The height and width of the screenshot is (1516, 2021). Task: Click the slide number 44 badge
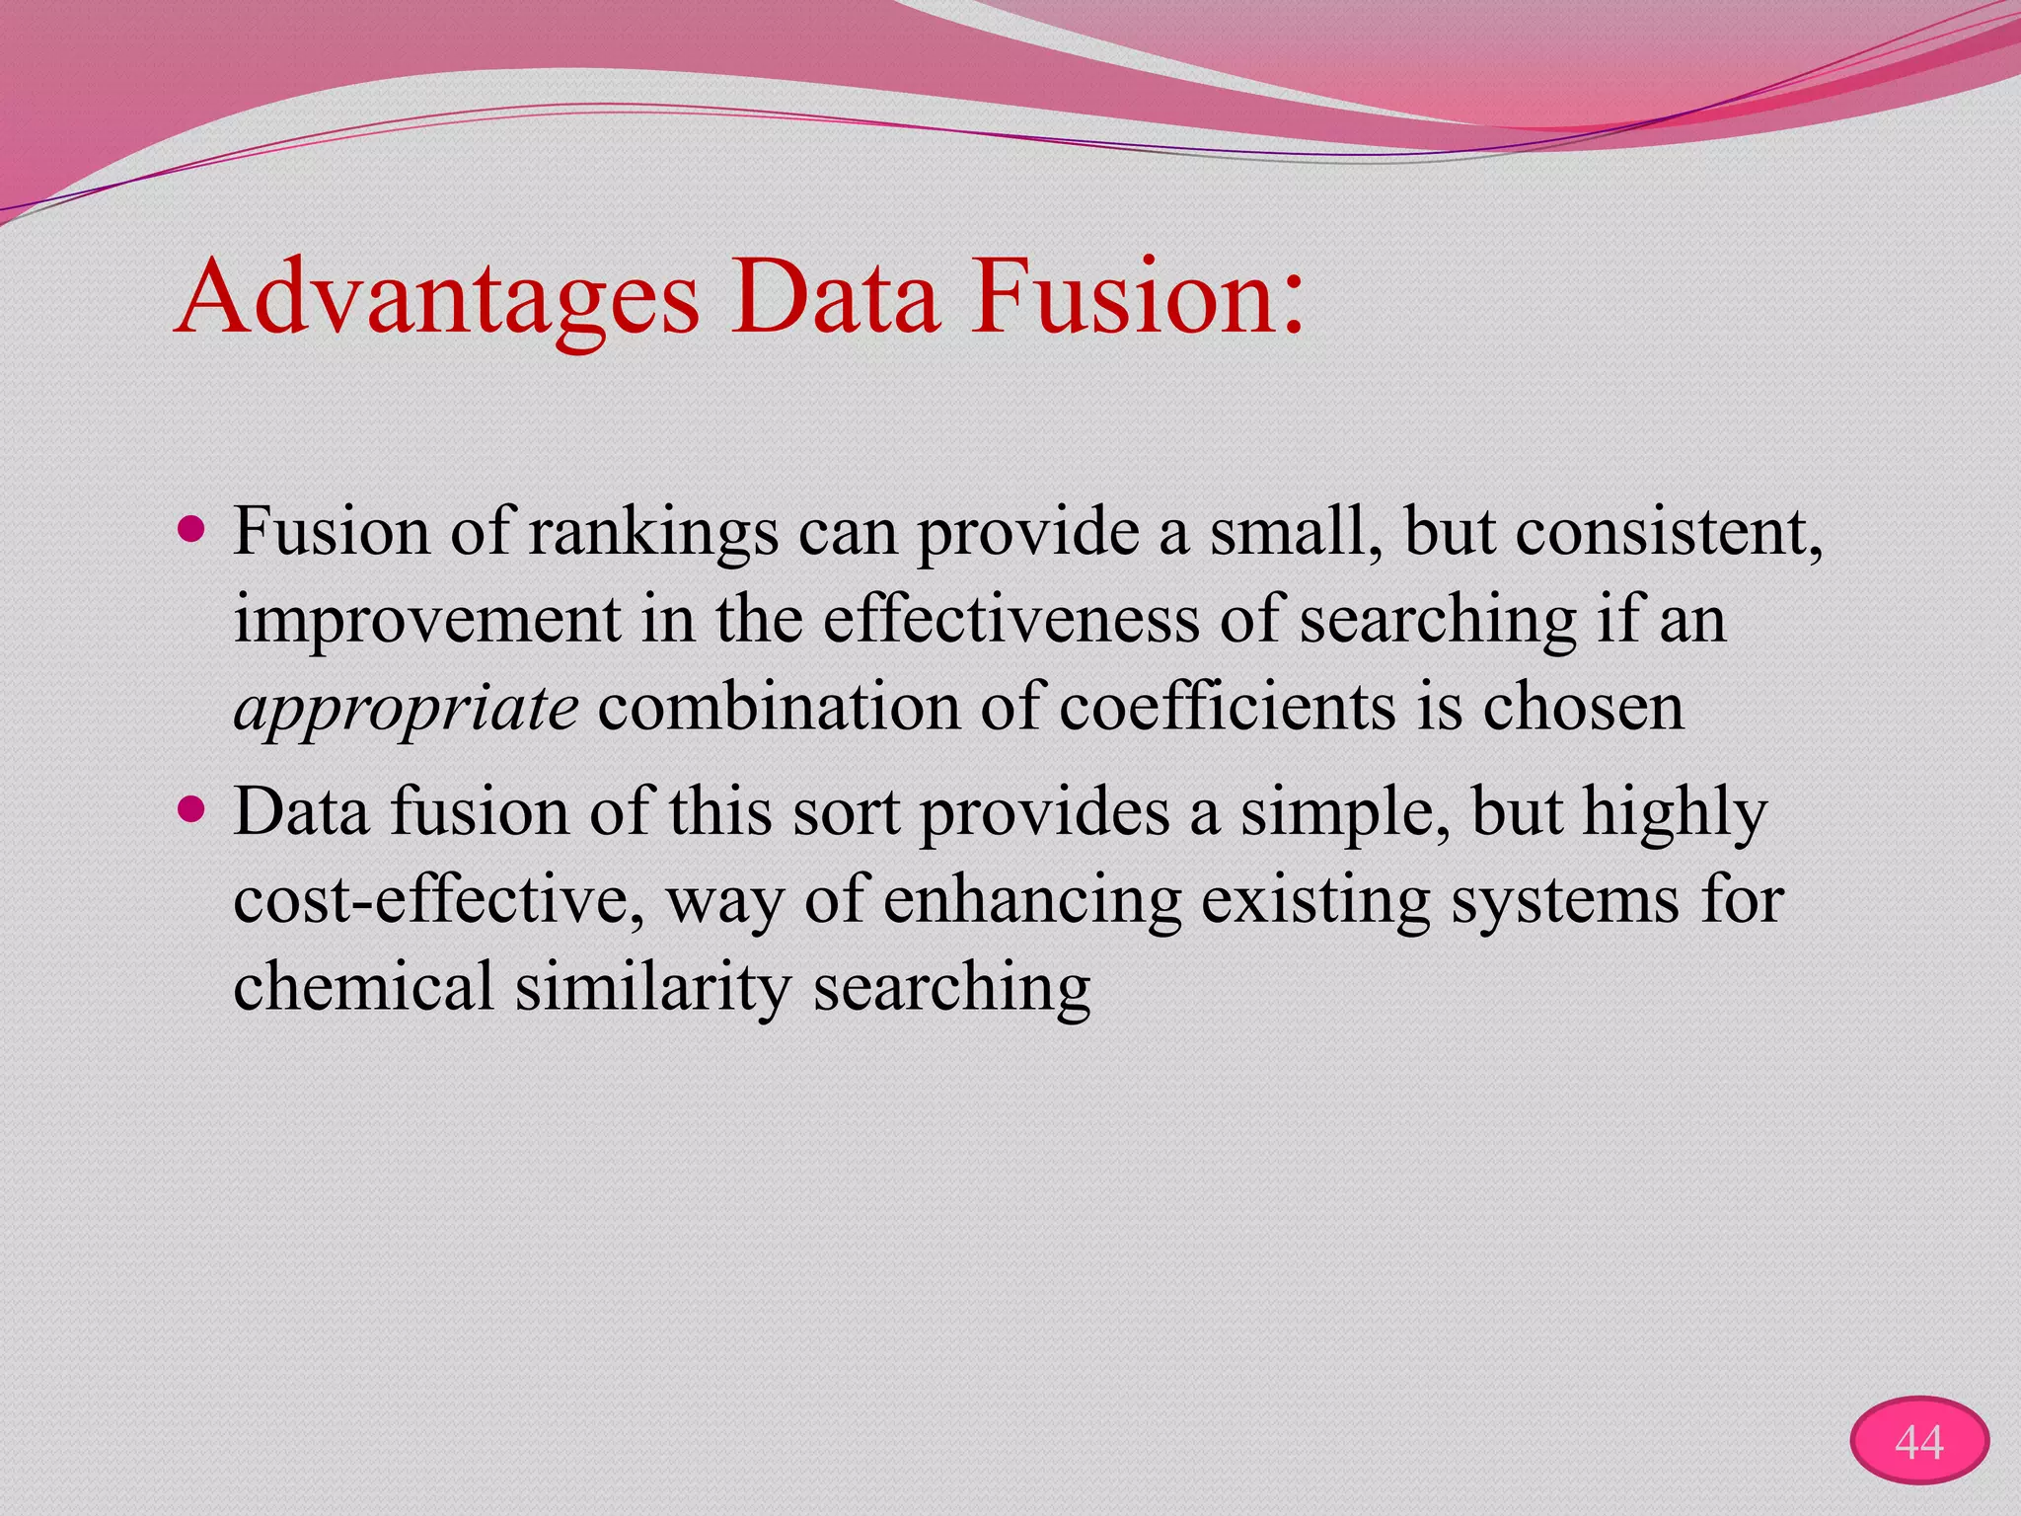click(1918, 1442)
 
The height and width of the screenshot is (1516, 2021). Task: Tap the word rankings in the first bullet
click(653, 534)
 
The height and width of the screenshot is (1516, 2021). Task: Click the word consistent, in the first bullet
click(1669, 534)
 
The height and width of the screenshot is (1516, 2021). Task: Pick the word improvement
click(427, 621)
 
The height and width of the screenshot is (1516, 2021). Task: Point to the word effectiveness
click(1010, 621)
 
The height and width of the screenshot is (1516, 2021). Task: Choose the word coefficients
click(1228, 708)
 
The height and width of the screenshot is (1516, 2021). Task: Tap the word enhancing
click(1032, 900)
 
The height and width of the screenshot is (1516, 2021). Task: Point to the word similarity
click(652, 987)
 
